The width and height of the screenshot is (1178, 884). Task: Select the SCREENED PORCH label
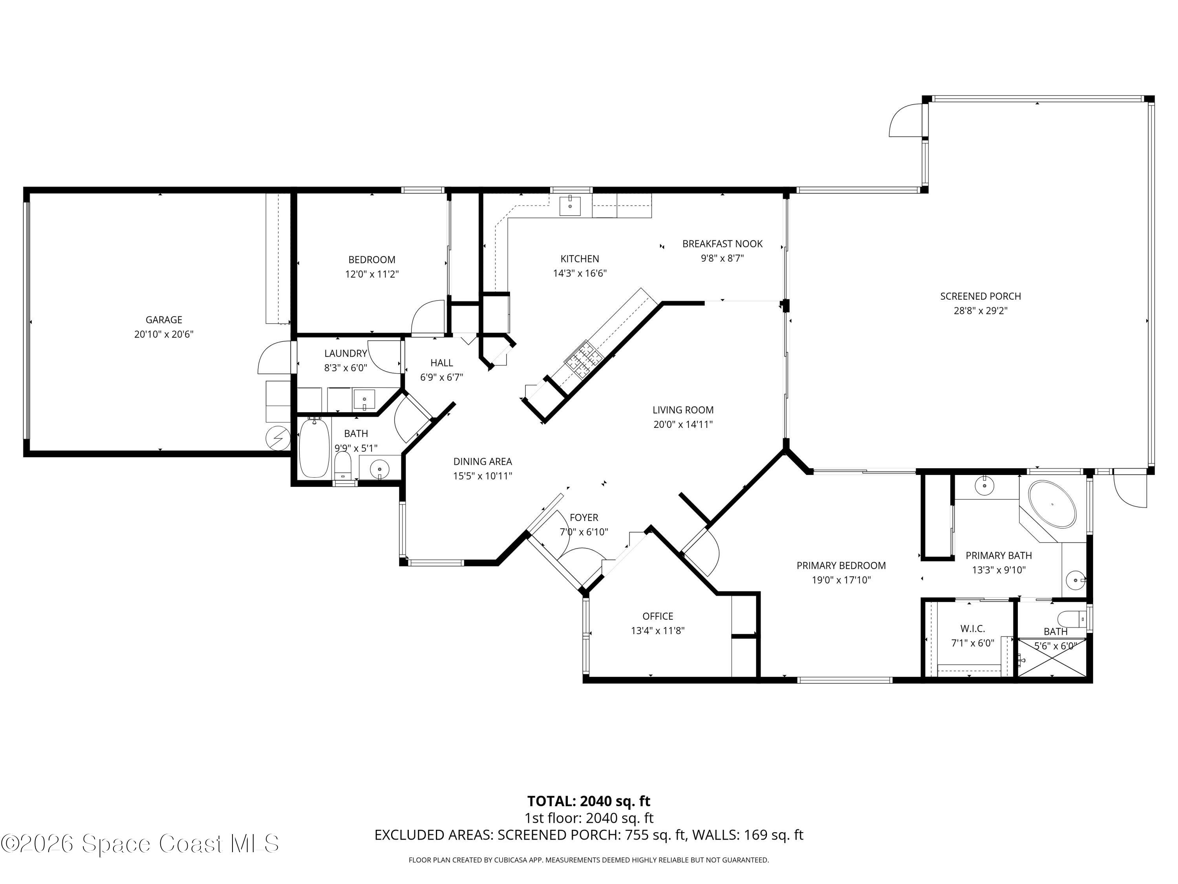(980, 296)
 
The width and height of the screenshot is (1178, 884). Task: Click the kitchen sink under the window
(570, 205)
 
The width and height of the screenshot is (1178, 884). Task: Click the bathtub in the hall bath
(314, 448)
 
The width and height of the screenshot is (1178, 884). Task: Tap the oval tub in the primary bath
(1052, 504)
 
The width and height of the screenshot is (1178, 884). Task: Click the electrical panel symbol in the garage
(278, 438)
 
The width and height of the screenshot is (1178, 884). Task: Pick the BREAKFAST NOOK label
(722, 244)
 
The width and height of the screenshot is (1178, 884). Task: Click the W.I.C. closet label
(972, 629)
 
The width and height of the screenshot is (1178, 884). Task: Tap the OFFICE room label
(658, 616)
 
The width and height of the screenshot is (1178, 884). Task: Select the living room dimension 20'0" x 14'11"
(683, 425)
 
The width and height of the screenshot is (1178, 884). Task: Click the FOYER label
(584, 517)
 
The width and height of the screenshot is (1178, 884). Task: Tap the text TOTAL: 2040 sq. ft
(589, 801)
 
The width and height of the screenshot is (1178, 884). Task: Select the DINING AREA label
(483, 462)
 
